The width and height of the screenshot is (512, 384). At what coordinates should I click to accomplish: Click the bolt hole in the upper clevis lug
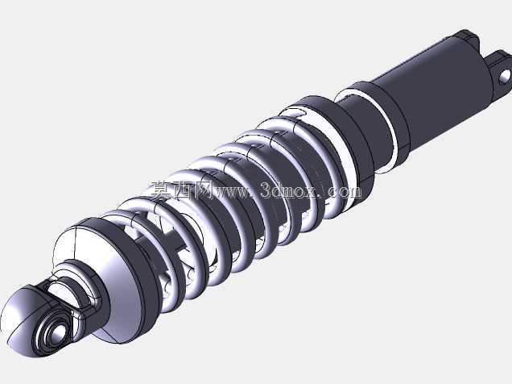(x=505, y=76)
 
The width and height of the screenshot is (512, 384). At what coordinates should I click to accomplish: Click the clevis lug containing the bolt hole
(x=498, y=71)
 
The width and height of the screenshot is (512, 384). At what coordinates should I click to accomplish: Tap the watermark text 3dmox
(x=289, y=191)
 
